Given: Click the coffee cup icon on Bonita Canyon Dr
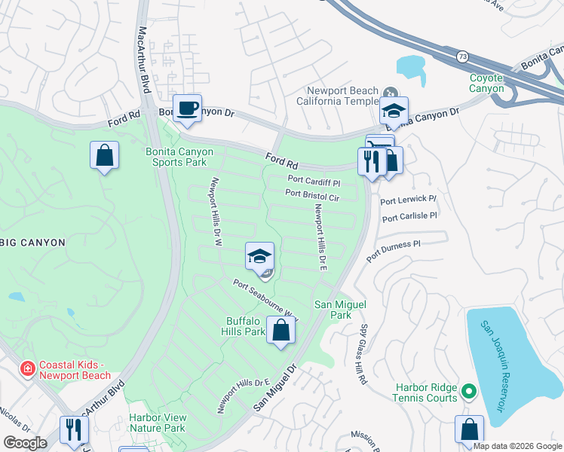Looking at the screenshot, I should coord(186,107).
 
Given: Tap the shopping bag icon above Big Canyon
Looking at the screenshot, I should coord(104,156).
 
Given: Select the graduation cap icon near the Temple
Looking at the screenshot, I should coord(393,111).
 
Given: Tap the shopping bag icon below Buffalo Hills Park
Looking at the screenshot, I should coord(280,331).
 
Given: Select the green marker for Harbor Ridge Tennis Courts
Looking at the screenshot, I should coord(468,391).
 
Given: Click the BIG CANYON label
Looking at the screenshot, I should coord(32,243).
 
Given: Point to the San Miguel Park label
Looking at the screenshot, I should coord(333,310).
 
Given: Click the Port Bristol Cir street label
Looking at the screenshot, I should coord(312,194).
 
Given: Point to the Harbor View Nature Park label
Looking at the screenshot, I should coord(156,423).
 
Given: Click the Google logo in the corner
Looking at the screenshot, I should coord(26,443).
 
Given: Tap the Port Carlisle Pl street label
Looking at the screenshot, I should coord(409,216).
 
